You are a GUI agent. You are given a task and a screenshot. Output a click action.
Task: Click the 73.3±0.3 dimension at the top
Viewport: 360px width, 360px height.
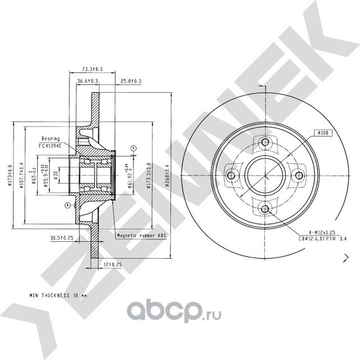pos(92,69)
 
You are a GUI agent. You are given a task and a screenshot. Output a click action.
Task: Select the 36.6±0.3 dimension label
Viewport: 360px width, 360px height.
pos(88,82)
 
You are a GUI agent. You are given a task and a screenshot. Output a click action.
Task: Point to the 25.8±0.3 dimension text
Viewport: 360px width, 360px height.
pos(130,82)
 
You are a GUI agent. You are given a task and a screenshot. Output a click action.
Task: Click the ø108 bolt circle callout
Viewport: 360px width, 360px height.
pos(322,133)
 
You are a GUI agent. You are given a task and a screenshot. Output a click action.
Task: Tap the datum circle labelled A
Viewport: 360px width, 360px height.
pos(133,148)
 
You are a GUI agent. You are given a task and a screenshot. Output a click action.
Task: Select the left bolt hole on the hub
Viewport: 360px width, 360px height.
pos(231,176)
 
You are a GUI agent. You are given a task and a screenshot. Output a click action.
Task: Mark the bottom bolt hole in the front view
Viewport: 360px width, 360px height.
pos(265,210)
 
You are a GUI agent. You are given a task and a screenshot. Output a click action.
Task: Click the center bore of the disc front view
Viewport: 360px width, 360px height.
pos(265,176)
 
